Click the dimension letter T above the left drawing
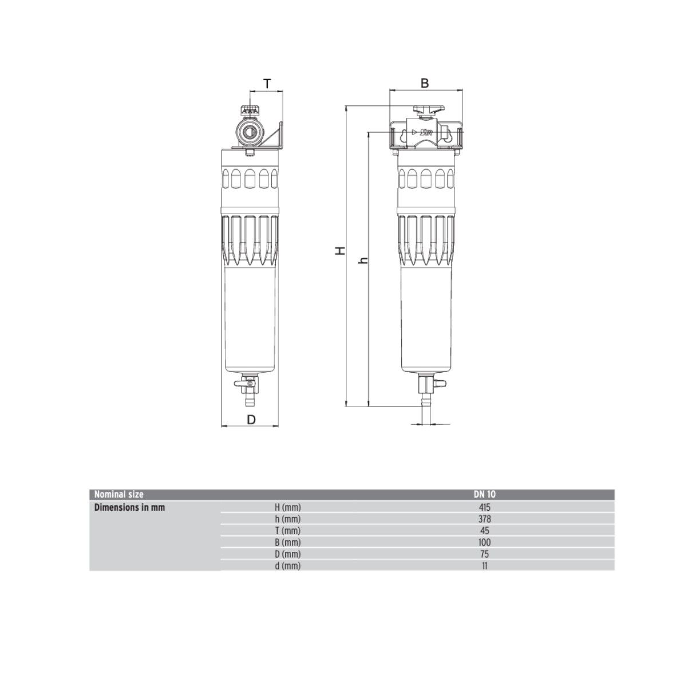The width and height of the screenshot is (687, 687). point(267,84)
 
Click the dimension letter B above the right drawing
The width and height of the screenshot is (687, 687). point(425,83)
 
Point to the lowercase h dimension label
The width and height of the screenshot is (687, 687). point(362,260)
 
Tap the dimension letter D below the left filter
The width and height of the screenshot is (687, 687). point(251,419)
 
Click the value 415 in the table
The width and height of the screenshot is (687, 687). point(485,507)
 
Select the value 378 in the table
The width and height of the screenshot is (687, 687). point(485,519)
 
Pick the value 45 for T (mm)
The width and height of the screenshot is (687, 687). point(485,531)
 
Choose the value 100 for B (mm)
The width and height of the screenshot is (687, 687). point(485,542)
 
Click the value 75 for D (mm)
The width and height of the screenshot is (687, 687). point(485,554)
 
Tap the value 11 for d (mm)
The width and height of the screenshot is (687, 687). point(485,566)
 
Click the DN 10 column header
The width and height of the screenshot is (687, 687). point(485,495)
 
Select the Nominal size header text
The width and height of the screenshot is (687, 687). point(119,495)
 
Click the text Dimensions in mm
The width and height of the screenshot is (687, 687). point(129,507)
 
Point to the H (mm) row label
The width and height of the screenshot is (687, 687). point(288,507)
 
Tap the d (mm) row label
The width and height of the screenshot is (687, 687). point(288,566)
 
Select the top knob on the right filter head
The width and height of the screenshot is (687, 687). point(425,109)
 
